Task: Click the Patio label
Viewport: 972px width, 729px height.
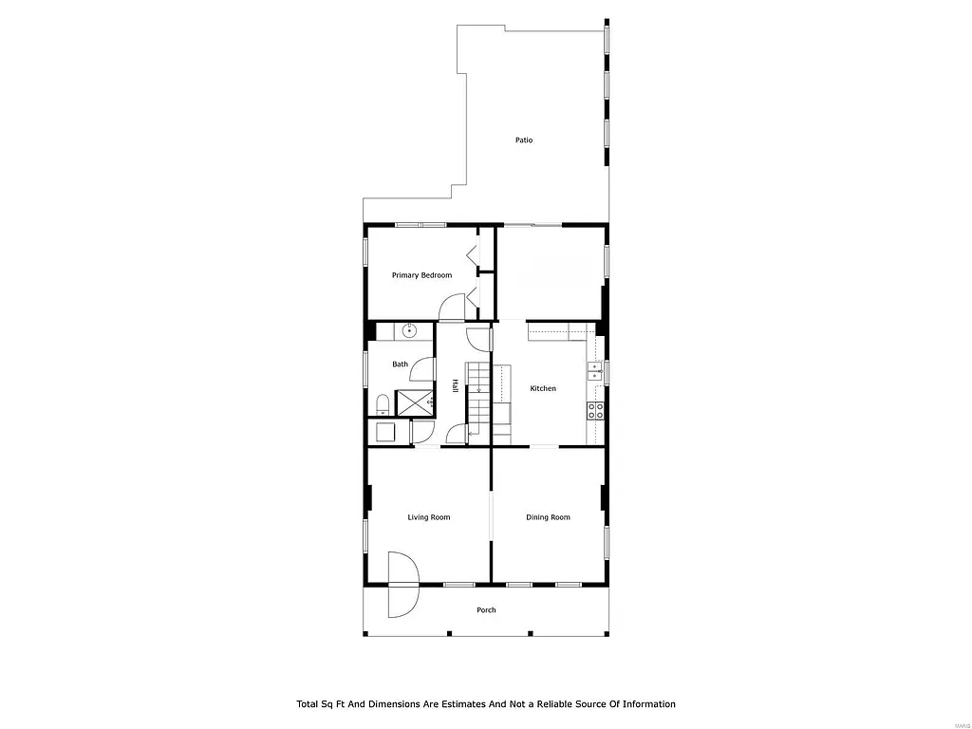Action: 524,140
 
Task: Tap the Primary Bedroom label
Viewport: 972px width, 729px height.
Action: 421,275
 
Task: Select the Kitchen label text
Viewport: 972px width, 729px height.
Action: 543,388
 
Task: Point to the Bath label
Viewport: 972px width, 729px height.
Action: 401,364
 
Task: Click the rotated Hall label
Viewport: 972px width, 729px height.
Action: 456,386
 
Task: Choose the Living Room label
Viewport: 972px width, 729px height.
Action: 429,517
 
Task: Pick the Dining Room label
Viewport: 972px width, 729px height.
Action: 549,517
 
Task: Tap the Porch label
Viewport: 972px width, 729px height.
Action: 486,610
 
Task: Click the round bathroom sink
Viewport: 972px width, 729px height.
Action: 409,331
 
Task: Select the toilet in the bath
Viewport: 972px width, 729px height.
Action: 382,405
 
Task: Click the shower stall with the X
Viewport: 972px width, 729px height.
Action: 414,402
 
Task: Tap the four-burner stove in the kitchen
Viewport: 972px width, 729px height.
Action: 595,410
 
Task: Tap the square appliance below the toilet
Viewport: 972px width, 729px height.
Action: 386,433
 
